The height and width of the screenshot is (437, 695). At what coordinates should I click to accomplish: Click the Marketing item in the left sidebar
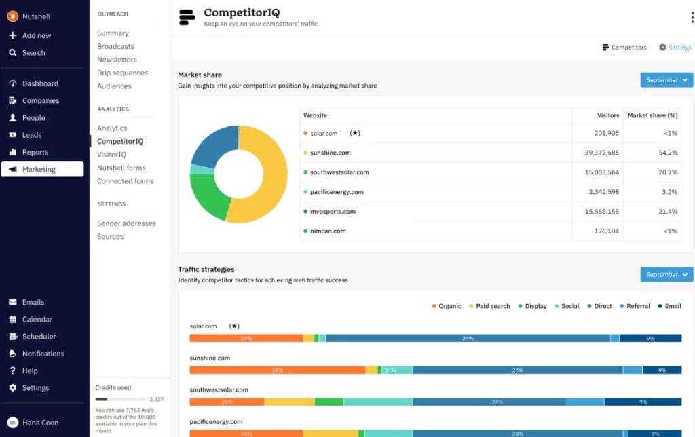(39, 169)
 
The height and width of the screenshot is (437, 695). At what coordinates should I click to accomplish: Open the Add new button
(36, 35)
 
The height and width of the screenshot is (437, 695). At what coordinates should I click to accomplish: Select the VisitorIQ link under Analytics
(111, 155)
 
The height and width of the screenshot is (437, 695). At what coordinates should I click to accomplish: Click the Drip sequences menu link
(122, 73)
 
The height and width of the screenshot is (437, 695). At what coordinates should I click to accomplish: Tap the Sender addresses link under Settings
(126, 223)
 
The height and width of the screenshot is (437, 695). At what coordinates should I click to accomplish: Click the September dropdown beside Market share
(666, 80)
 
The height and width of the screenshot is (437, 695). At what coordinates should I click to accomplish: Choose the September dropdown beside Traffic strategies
(666, 275)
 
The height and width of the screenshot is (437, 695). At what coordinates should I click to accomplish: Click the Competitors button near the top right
(624, 47)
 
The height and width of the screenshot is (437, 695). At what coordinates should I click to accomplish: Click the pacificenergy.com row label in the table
(337, 192)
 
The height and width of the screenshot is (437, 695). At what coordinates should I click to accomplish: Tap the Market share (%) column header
(652, 115)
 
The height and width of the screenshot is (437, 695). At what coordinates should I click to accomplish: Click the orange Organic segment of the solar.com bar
(246, 338)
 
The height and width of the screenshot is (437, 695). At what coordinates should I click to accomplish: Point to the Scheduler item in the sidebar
(39, 337)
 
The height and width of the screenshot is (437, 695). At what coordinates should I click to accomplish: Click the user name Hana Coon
(40, 423)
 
